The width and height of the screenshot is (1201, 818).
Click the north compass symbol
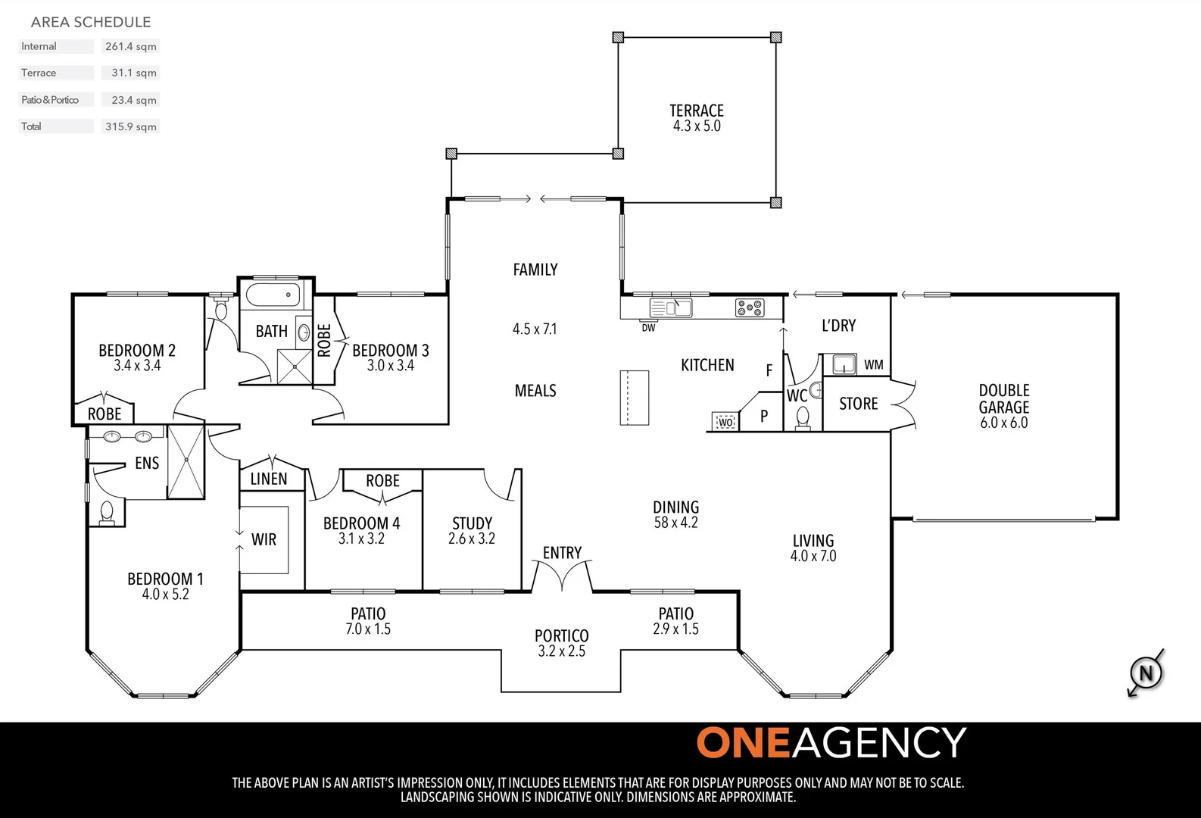click(1146, 673)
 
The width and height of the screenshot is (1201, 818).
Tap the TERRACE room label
click(697, 111)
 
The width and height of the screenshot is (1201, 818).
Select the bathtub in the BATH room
click(273, 295)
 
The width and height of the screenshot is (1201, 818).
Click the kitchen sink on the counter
click(672, 308)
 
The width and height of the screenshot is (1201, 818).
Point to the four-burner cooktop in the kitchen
click(750, 308)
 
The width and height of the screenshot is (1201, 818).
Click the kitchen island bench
click(635, 398)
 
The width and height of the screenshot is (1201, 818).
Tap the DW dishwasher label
click(648, 328)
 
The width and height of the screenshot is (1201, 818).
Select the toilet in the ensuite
click(107, 513)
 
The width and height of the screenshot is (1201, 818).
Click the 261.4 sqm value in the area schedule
click(131, 46)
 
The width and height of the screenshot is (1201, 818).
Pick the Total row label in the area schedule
click(32, 126)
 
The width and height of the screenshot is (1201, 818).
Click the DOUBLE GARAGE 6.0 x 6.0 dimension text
click(1004, 423)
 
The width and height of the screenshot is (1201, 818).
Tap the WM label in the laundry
click(874, 365)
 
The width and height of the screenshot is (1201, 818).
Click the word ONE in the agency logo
click(743, 743)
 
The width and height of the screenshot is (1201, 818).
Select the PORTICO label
click(561, 635)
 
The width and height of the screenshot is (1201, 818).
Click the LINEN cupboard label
click(269, 479)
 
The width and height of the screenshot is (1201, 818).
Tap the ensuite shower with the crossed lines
click(186, 462)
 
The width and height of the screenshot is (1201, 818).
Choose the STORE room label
click(859, 404)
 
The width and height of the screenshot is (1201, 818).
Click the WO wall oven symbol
click(725, 422)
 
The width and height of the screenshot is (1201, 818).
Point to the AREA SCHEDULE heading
click(91, 22)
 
